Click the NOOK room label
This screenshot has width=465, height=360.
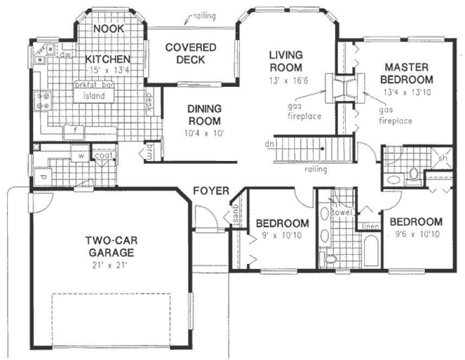109,29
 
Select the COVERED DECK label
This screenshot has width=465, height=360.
190,53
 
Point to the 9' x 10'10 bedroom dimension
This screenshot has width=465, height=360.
283,235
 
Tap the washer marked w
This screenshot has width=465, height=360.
81,156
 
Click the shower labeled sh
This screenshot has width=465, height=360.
443,158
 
